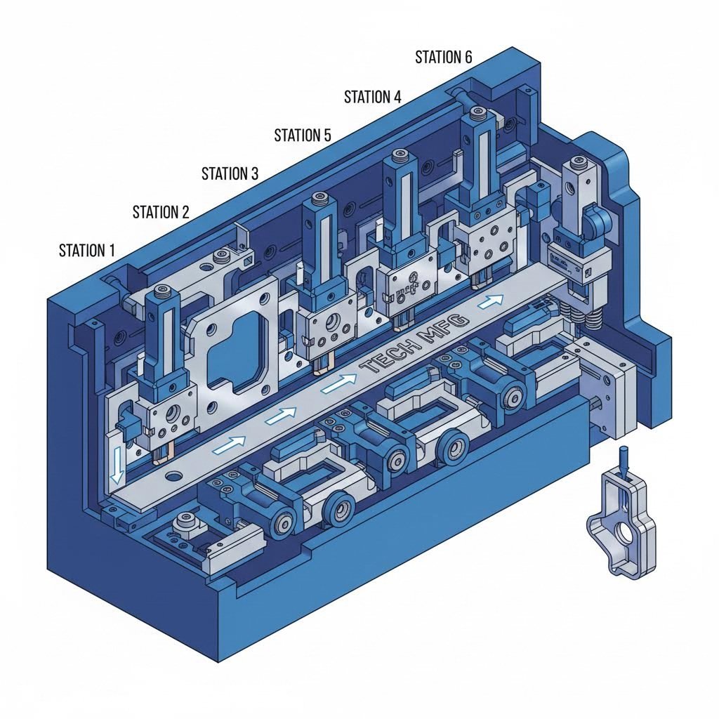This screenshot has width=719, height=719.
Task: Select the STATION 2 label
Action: [161, 211]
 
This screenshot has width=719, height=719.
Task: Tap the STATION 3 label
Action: [230, 173]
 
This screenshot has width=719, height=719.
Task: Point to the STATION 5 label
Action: [303, 135]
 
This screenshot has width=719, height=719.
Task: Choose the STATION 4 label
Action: [372, 97]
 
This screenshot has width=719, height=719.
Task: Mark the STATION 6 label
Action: [443, 58]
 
